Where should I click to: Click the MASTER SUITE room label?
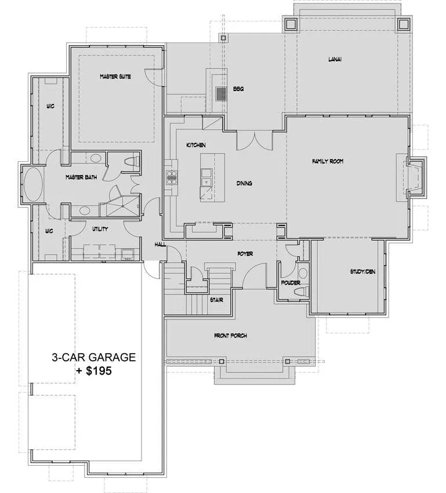pyautogui.click(x=115, y=77)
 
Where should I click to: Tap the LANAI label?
pyautogui.click(x=335, y=59)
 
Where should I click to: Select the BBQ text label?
pyautogui.click(x=238, y=89)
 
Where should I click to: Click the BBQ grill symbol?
pyautogui.click(x=221, y=94)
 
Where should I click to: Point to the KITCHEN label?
pyautogui.click(x=196, y=145)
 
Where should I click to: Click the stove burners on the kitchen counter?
pyautogui.click(x=171, y=177)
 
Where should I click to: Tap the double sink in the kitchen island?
pyautogui.click(x=206, y=177)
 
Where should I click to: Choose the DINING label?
pyautogui.click(x=244, y=183)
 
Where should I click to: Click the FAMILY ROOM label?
pyautogui.click(x=328, y=161)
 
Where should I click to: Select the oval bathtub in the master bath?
pyautogui.click(x=33, y=184)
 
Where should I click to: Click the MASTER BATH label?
pyautogui.click(x=81, y=177)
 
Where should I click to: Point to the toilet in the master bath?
pyautogui.click(x=132, y=162)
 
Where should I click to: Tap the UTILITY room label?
pyautogui.click(x=100, y=229)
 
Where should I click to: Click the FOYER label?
pyautogui.click(x=245, y=253)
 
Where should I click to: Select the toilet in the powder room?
pyautogui.click(x=302, y=292)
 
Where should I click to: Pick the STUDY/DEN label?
pyautogui.click(x=362, y=271)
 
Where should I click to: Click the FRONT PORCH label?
pyautogui.click(x=230, y=336)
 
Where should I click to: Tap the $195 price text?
pyautogui.click(x=99, y=371)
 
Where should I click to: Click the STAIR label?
pyautogui.click(x=216, y=300)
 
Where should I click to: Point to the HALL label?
pyautogui.click(x=160, y=245)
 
